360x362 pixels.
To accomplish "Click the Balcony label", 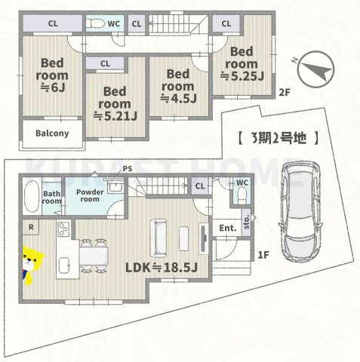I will tap(52, 133).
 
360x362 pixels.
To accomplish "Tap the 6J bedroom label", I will tap(54, 75).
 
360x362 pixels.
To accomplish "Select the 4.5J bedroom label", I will tap(178, 85).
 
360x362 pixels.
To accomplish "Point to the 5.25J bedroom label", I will tap(242, 63).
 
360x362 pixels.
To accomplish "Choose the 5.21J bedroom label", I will tap(115, 104).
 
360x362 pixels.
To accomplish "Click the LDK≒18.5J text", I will tap(161, 268).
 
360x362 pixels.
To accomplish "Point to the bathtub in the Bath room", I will tap(31, 198).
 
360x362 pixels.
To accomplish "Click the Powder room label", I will tap(89, 195).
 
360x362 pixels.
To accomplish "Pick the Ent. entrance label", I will tap(227, 228).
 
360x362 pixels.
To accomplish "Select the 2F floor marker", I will tap(284, 93).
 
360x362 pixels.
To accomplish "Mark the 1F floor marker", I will tap(263, 256).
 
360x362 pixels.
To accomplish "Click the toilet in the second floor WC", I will tap(97, 24).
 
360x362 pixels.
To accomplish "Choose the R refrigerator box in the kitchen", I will tap(30, 226).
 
